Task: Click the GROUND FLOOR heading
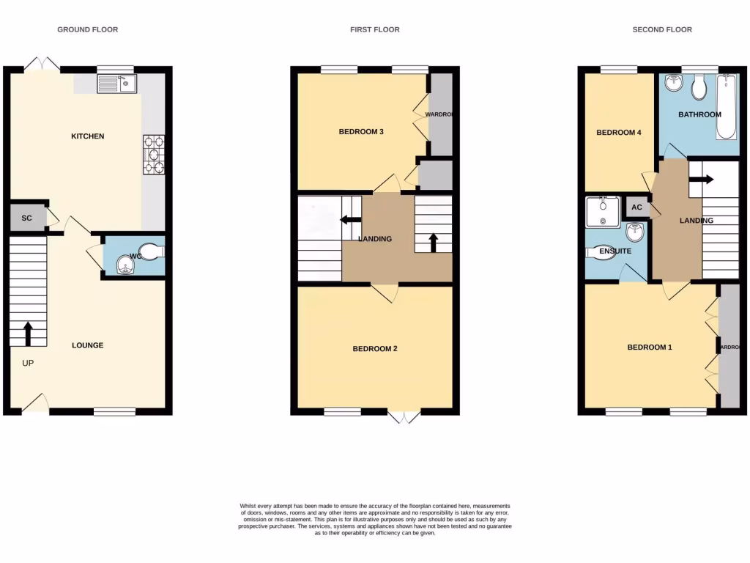click(x=88, y=30)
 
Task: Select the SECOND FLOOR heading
click(x=662, y=30)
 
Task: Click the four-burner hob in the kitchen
click(x=154, y=154)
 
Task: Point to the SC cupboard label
click(x=26, y=218)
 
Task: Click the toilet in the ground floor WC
click(x=149, y=252)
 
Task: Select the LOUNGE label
click(x=87, y=345)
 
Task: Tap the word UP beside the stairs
click(x=28, y=363)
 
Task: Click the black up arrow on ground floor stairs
click(x=28, y=333)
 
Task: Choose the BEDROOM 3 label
click(x=361, y=132)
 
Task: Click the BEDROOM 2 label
click(x=375, y=349)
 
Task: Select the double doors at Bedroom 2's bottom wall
click(x=404, y=416)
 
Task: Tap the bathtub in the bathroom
click(x=726, y=107)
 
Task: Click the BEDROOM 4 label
click(x=619, y=133)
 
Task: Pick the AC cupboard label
click(x=636, y=207)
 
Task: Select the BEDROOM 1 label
click(x=649, y=347)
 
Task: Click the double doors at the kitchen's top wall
click(x=42, y=65)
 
